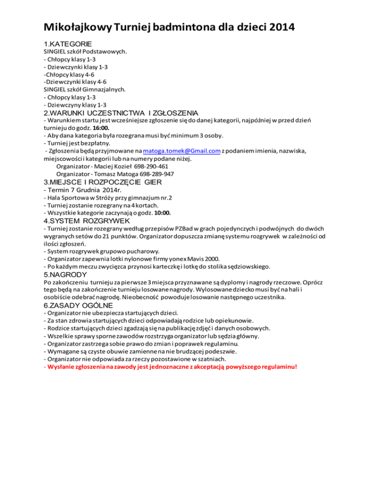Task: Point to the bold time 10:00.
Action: (161, 213)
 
